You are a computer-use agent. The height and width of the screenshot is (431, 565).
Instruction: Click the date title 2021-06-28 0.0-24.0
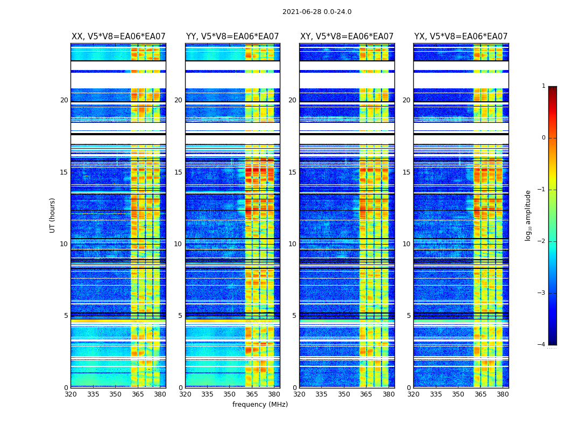click(x=317, y=12)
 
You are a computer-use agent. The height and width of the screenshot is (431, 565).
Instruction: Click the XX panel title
click(x=118, y=37)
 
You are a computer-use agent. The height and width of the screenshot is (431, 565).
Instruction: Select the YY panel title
click(x=232, y=37)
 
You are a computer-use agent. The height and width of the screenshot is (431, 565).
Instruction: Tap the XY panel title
click(x=347, y=37)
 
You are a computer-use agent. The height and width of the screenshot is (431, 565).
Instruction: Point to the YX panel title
click(x=461, y=37)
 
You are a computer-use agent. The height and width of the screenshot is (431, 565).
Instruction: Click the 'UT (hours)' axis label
click(x=53, y=215)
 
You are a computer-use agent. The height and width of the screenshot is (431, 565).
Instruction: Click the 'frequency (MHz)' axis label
click(x=260, y=405)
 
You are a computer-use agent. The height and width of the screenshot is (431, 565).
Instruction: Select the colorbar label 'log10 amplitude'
click(x=528, y=215)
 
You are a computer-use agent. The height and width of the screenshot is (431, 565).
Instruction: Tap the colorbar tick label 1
click(x=543, y=86)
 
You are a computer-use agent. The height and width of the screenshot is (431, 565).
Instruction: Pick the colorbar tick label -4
click(x=542, y=345)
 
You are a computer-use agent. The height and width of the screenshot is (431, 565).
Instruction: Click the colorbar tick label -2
click(x=542, y=241)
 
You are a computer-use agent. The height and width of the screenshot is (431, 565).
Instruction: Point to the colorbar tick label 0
click(x=543, y=138)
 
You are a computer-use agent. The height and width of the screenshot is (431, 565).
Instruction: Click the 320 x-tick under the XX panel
click(x=70, y=394)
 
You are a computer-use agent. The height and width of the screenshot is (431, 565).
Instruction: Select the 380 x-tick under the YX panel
click(x=503, y=394)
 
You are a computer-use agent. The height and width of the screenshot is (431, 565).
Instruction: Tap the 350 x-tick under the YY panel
click(x=230, y=394)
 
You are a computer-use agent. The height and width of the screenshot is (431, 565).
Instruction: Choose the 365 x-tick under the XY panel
click(x=366, y=394)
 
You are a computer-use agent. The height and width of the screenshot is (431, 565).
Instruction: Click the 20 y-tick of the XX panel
click(x=64, y=100)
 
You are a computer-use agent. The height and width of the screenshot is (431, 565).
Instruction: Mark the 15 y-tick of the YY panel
click(x=178, y=172)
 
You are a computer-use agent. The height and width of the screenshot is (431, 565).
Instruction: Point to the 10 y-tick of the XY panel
click(x=292, y=244)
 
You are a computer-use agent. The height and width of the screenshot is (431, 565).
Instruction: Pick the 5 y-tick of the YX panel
click(x=409, y=316)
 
